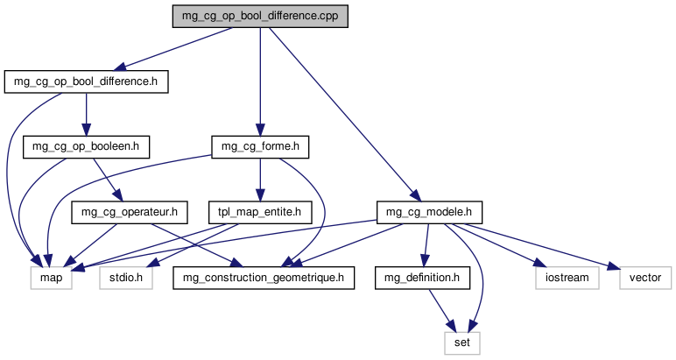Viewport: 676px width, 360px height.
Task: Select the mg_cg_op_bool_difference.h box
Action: pyautogui.click(x=86, y=82)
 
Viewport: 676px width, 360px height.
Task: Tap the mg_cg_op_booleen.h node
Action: pyautogui.click(x=86, y=146)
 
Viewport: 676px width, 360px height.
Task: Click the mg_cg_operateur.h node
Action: pyautogui.click(x=129, y=211)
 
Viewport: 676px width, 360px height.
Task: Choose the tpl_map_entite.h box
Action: pyautogui.click(x=259, y=211)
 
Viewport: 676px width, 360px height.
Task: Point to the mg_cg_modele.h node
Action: pyautogui.click(x=429, y=211)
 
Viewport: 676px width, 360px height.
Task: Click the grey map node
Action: pyautogui.click(x=51, y=279)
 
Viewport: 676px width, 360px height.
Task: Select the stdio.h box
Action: pyautogui.click(x=126, y=279)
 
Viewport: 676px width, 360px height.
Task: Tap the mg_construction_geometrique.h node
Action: pyautogui.click(x=263, y=279)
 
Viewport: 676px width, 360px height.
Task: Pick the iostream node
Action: pyautogui.click(x=567, y=279)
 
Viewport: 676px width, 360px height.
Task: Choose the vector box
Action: pyautogui.click(x=645, y=279)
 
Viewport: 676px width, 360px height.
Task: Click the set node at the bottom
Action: pyautogui.click(x=462, y=342)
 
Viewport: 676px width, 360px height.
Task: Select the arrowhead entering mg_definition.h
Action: pyautogui.click(x=423, y=262)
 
